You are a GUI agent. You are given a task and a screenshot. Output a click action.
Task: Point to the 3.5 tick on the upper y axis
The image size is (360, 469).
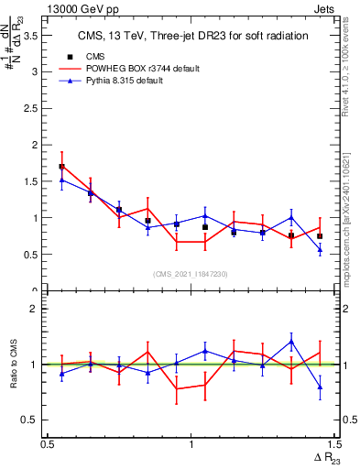35,35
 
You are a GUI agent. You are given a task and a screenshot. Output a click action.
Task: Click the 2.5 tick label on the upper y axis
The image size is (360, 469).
35,108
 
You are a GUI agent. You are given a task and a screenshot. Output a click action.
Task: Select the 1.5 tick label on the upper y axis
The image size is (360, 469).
35,181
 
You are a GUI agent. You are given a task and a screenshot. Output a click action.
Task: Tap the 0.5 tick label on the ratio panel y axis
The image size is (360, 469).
35,420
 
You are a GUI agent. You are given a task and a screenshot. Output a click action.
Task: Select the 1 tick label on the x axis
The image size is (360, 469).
191,443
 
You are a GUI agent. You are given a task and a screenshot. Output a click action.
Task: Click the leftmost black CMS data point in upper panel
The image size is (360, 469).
61,167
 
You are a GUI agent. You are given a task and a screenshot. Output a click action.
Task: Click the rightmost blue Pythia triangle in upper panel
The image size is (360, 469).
320,249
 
